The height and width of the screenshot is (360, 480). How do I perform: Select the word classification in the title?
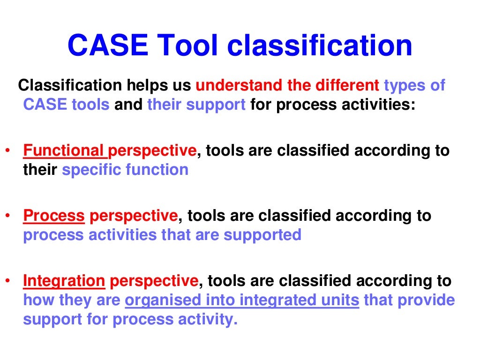pos(320,45)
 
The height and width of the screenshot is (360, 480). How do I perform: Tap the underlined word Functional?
pos(65,150)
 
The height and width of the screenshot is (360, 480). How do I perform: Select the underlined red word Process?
pos(54,216)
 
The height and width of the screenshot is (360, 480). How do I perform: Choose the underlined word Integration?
pos(64,281)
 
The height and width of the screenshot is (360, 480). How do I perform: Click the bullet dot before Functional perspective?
pos(7,151)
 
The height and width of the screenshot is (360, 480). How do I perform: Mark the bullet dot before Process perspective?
pos(7,216)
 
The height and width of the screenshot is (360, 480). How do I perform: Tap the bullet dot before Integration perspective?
pos(7,281)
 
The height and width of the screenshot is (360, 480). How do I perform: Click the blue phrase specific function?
pos(125,169)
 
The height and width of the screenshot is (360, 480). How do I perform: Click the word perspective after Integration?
pos(154,281)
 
